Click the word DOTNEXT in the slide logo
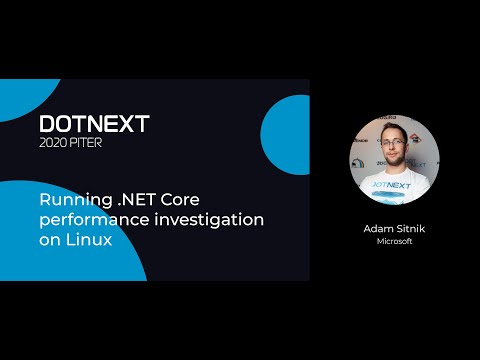point(94,124)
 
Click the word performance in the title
point(88,219)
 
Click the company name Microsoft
point(395,241)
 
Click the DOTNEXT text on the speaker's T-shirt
point(395,184)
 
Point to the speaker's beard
point(395,162)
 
